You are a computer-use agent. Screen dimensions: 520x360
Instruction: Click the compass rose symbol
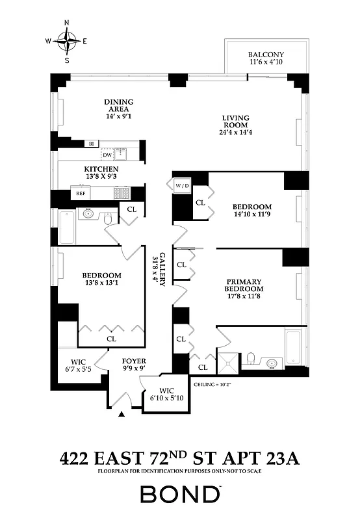pyautogui.click(x=66, y=42)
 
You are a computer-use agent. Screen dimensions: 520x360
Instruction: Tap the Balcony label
pyautogui.click(x=264, y=55)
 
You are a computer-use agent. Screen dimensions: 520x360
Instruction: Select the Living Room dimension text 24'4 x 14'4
pyautogui.click(x=232, y=134)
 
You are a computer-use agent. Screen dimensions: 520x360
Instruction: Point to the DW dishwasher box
pyautogui.click(x=107, y=155)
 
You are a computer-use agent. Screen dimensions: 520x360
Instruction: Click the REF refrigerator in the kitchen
pyautogui.click(x=81, y=193)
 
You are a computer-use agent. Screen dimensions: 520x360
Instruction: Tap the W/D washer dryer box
pyautogui.click(x=181, y=187)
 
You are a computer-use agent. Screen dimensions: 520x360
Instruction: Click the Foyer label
pyautogui.click(x=135, y=361)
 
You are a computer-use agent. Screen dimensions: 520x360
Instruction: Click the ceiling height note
pyautogui.click(x=213, y=384)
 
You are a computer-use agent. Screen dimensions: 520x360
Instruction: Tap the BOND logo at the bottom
pyautogui.click(x=179, y=495)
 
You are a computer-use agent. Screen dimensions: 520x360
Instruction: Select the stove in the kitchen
pyautogui.click(x=122, y=193)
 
